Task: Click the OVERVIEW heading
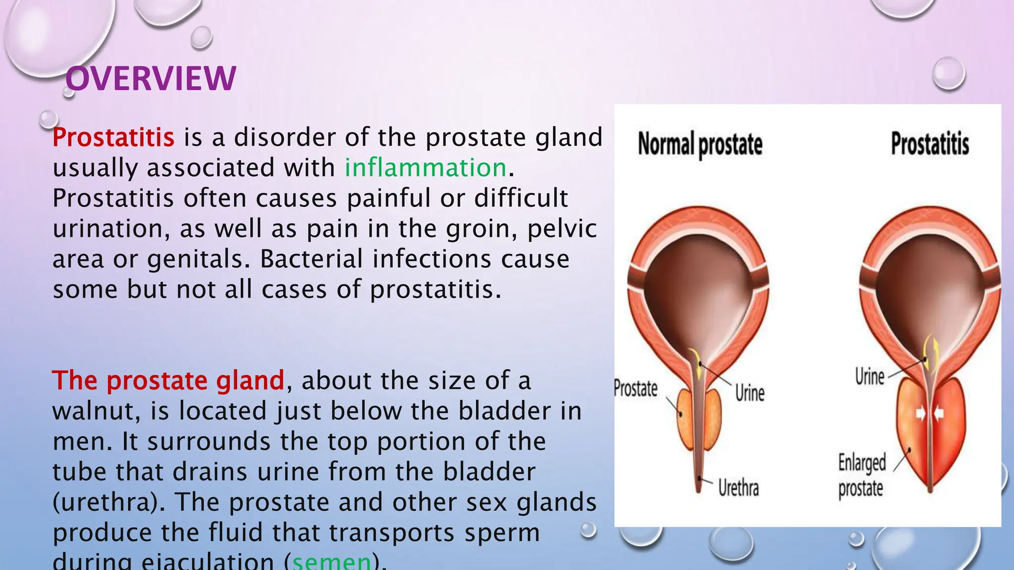click(151, 79)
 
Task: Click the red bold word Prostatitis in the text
click(113, 137)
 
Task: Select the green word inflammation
click(425, 167)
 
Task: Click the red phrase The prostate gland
click(168, 380)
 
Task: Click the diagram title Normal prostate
click(700, 144)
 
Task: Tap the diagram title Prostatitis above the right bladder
click(929, 144)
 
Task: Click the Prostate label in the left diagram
click(635, 388)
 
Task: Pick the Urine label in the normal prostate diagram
click(749, 393)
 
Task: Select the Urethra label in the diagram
click(738, 488)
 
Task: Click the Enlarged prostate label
click(862, 475)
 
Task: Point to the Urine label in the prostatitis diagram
click(869, 377)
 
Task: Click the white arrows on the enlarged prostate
click(929, 414)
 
